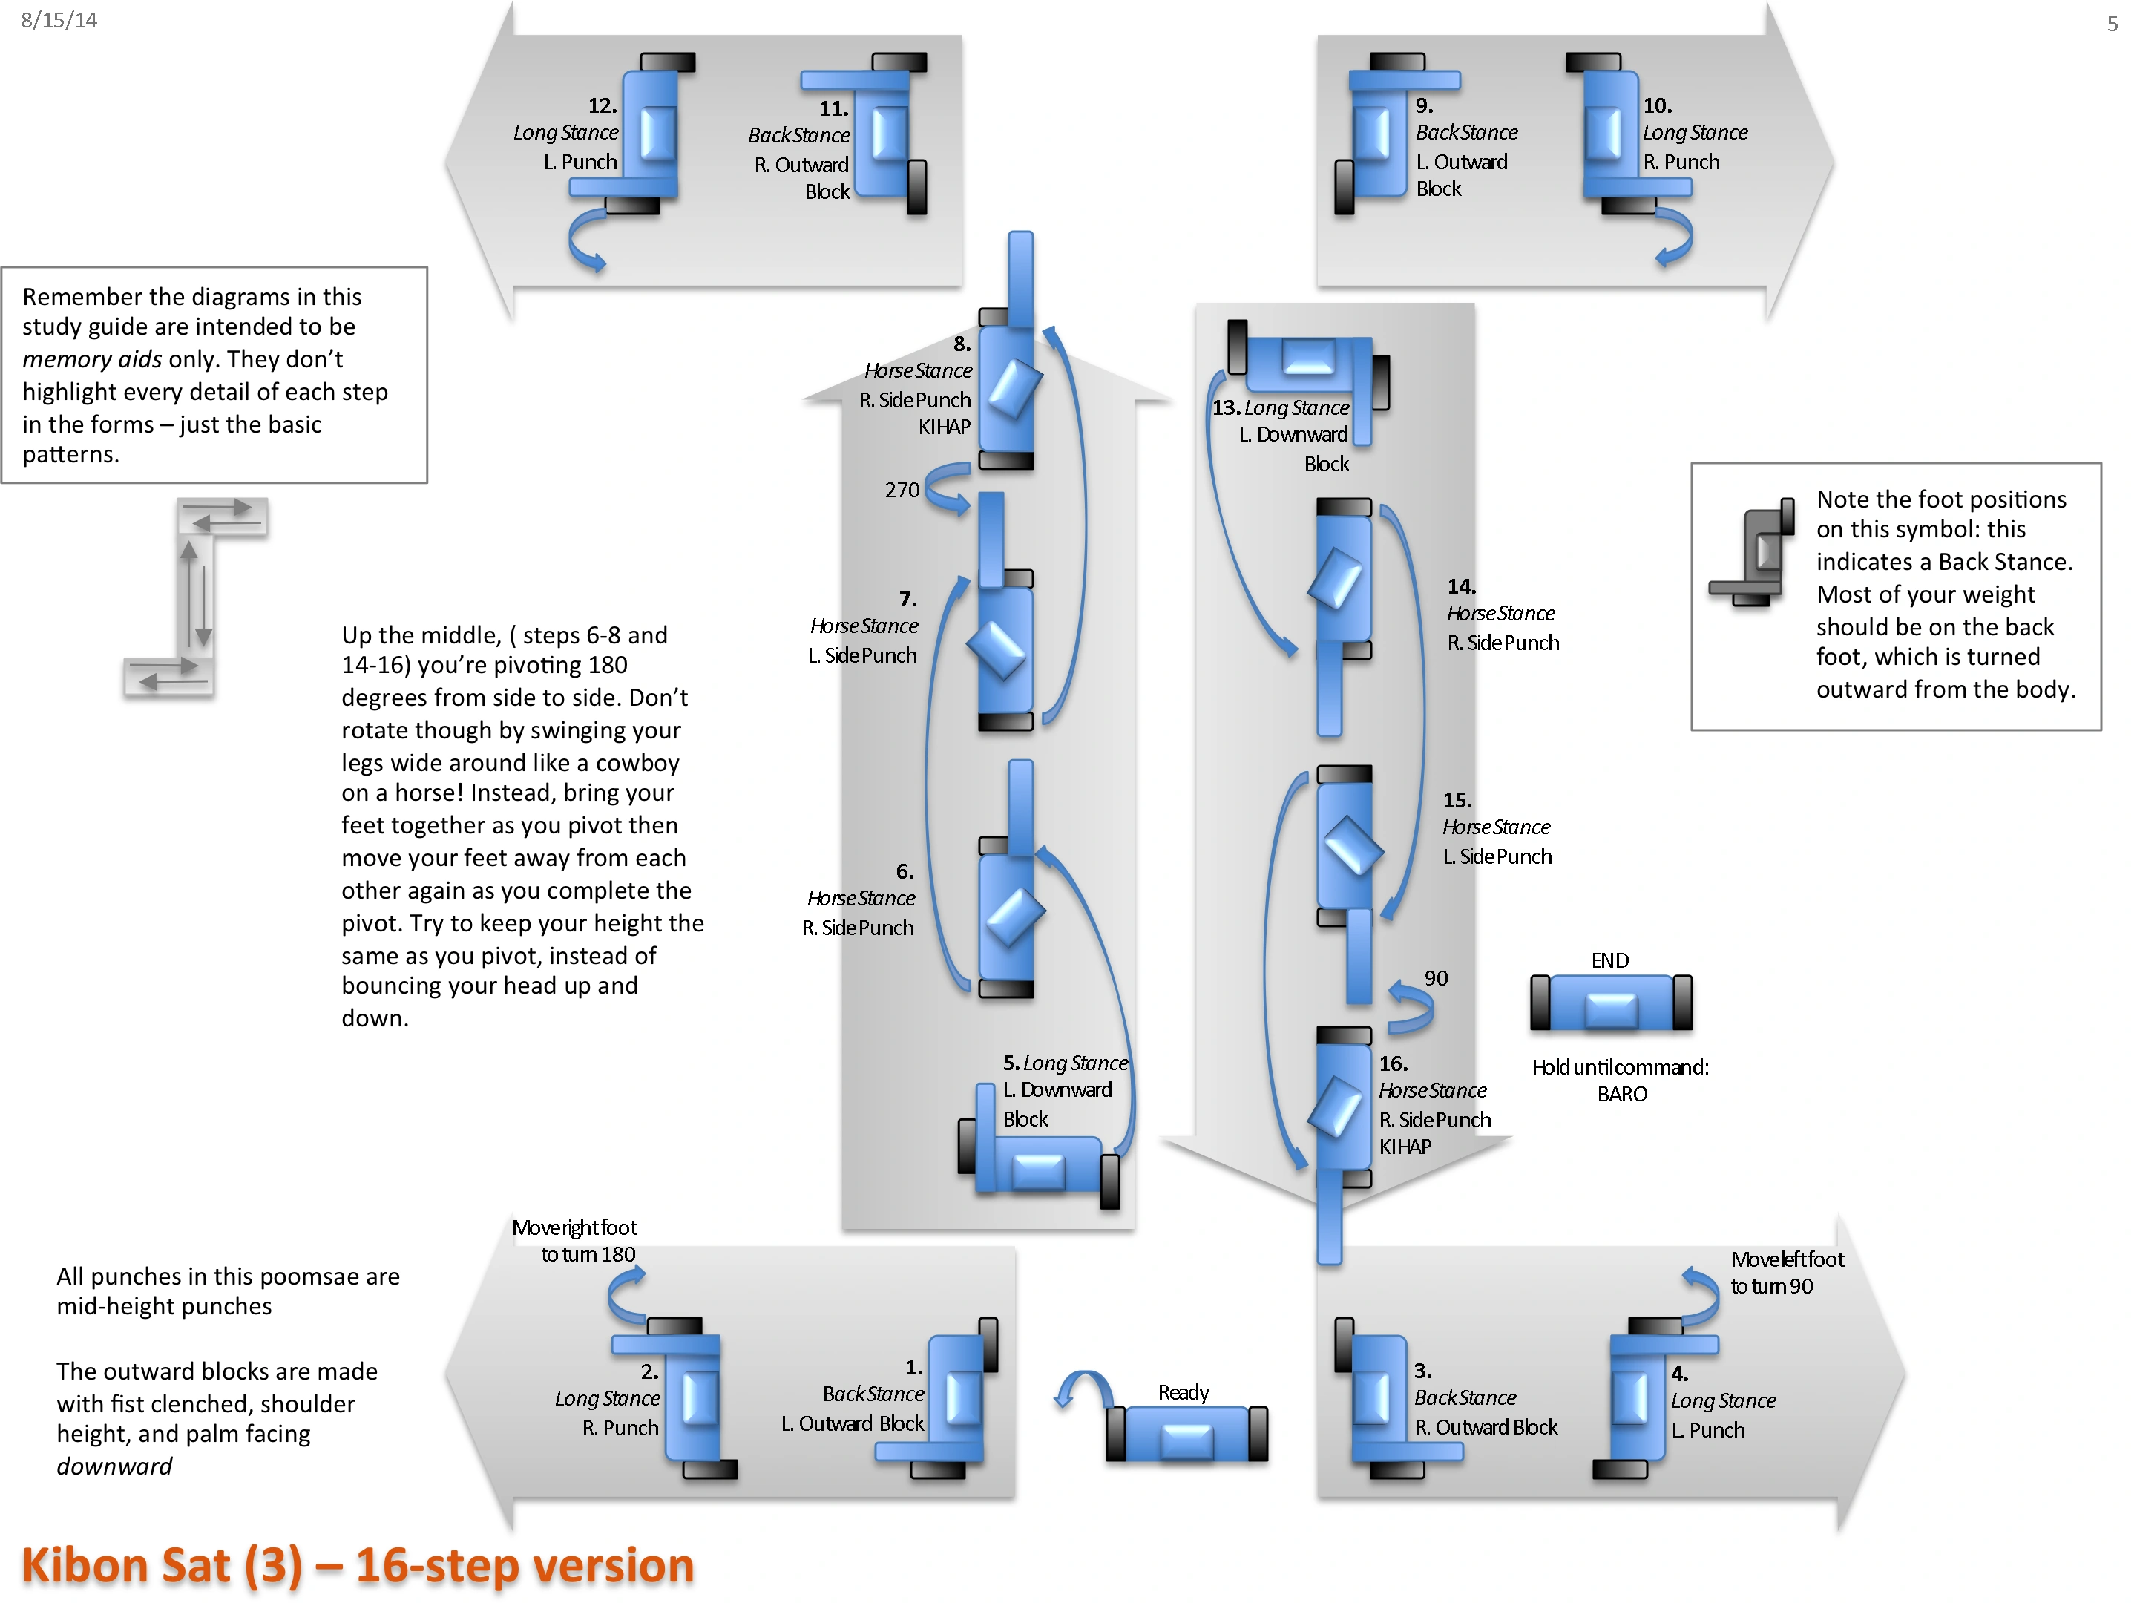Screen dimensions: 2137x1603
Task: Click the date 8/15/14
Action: point(59,20)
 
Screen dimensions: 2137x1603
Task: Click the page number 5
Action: point(2112,23)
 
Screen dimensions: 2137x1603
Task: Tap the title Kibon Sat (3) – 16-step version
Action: point(358,1564)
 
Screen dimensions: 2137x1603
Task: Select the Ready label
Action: point(1184,1391)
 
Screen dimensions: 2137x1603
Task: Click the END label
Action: point(1609,960)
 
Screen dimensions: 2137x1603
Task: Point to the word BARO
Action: point(1622,1093)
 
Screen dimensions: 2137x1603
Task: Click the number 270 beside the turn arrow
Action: point(902,490)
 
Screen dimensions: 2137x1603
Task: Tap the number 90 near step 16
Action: point(1436,978)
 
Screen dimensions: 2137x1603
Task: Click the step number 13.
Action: point(1225,407)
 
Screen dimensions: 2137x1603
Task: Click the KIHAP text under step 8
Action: point(944,426)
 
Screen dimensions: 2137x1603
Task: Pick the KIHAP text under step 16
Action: point(1405,1146)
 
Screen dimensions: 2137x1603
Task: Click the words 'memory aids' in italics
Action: point(92,359)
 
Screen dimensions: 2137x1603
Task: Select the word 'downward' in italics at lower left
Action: point(114,1466)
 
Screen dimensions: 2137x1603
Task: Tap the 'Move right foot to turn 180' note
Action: point(575,1241)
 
